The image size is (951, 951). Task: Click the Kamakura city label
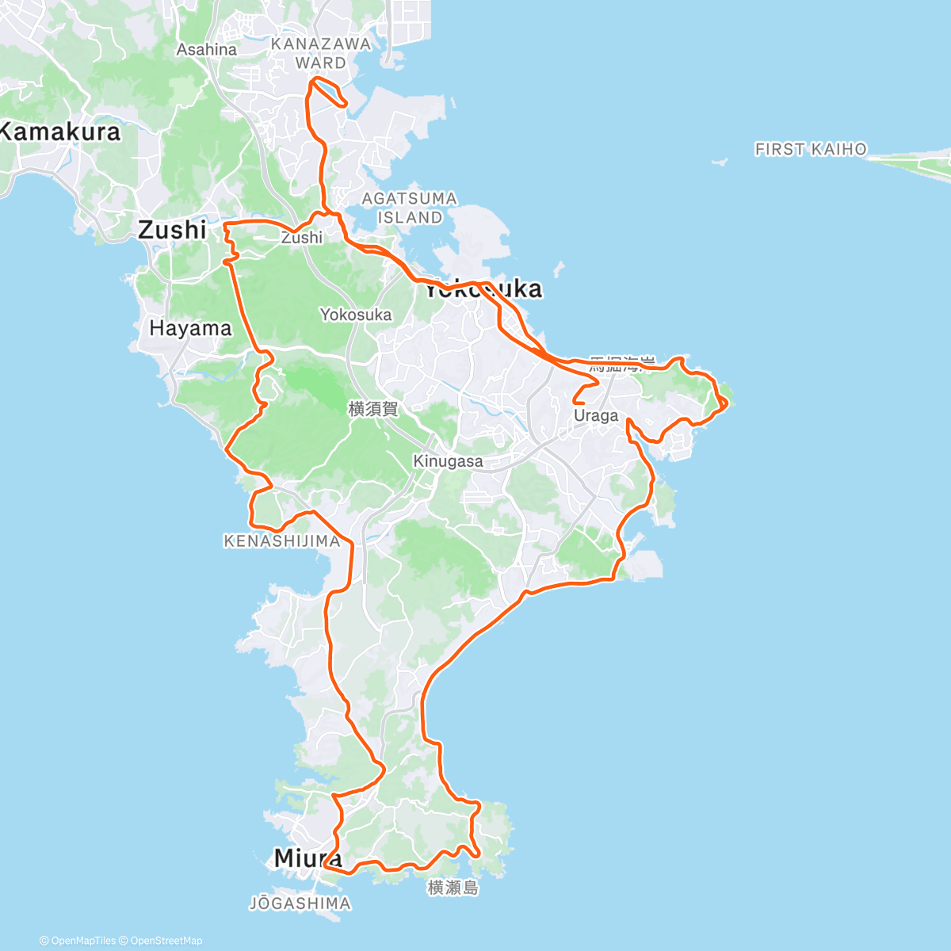click(x=60, y=132)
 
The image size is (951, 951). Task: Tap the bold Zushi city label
click(x=172, y=230)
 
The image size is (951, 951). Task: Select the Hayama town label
click(x=190, y=328)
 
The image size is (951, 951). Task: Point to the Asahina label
click(x=207, y=49)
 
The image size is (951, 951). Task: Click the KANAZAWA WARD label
click(x=321, y=53)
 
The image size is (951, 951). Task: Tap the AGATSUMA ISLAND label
click(x=409, y=208)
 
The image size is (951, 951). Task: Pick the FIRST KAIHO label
click(x=811, y=149)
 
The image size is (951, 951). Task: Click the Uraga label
click(x=596, y=415)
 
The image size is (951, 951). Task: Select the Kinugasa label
click(x=448, y=461)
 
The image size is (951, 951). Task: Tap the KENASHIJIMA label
click(x=282, y=541)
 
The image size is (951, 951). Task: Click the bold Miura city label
click(x=307, y=857)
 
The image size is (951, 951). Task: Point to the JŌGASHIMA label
click(x=300, y=903)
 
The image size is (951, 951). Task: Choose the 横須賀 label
click(x=373, y=409)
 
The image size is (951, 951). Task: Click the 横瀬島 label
click(x=453, y=888)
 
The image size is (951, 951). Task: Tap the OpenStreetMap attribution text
click(x=166, y=941)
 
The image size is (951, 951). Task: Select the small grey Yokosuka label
click(x=356, y=315)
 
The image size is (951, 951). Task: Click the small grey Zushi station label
click(x=302, y=238)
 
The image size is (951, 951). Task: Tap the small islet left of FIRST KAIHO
click(x=720, y=162)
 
